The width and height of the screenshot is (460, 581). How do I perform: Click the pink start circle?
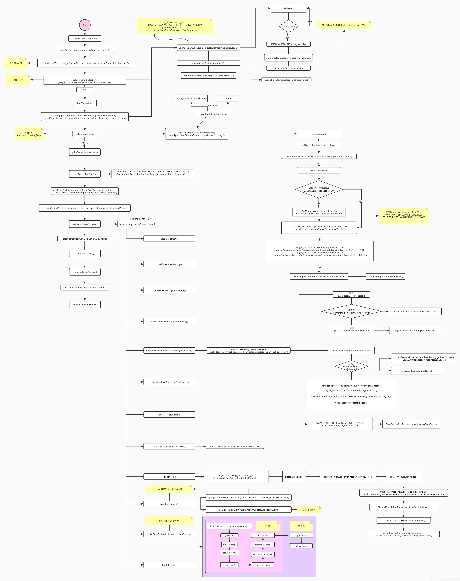coord(85,25)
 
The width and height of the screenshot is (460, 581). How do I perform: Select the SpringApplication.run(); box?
coord(85,38)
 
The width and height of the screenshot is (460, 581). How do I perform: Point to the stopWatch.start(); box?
coord(85,103)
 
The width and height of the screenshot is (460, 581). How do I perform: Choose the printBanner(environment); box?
coord(85,152)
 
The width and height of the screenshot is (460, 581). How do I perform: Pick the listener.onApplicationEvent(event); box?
coord(385,277)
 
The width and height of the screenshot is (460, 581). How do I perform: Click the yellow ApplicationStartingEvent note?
coord(29,134)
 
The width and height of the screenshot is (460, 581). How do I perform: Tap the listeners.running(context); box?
coord(85,305)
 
